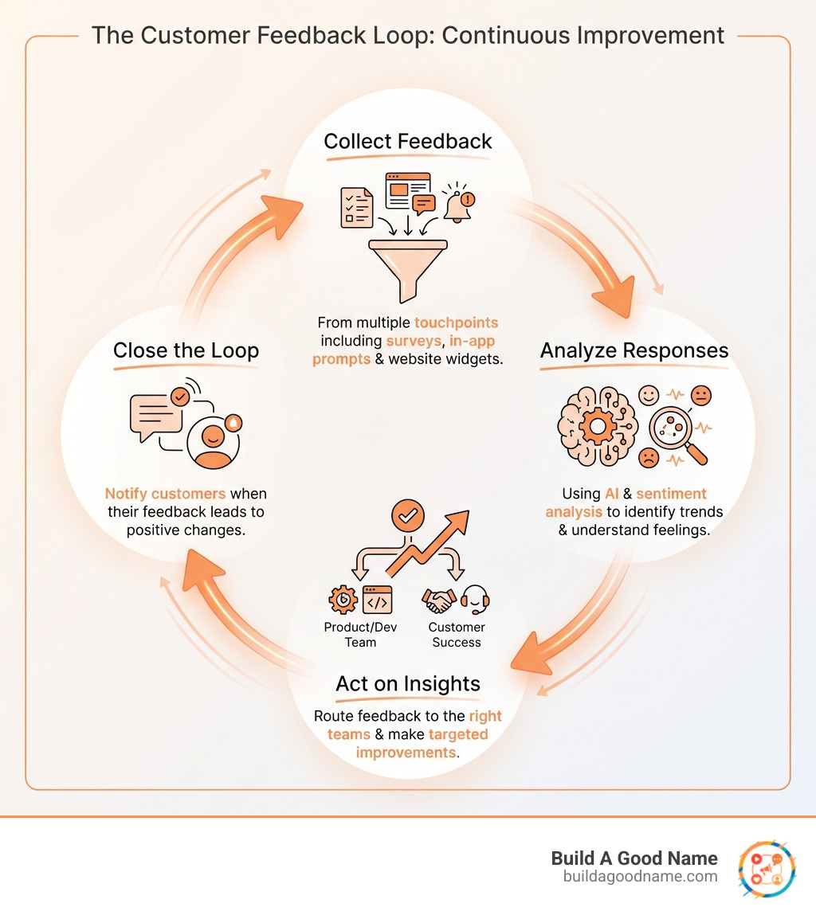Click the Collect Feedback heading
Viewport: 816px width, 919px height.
[407, 142]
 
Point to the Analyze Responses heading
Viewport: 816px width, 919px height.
[634, 350]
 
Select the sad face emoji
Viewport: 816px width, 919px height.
[649, 459]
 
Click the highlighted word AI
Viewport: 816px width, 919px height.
[612, 494]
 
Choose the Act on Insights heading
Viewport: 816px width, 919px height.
[408, 683]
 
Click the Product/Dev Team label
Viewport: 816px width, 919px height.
[360, 635]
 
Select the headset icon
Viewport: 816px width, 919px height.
[475, 600]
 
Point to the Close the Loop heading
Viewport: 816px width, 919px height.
[186, 350]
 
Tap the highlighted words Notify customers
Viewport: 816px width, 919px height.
[165, 494]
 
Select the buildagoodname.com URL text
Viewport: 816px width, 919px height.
[640, 876]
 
